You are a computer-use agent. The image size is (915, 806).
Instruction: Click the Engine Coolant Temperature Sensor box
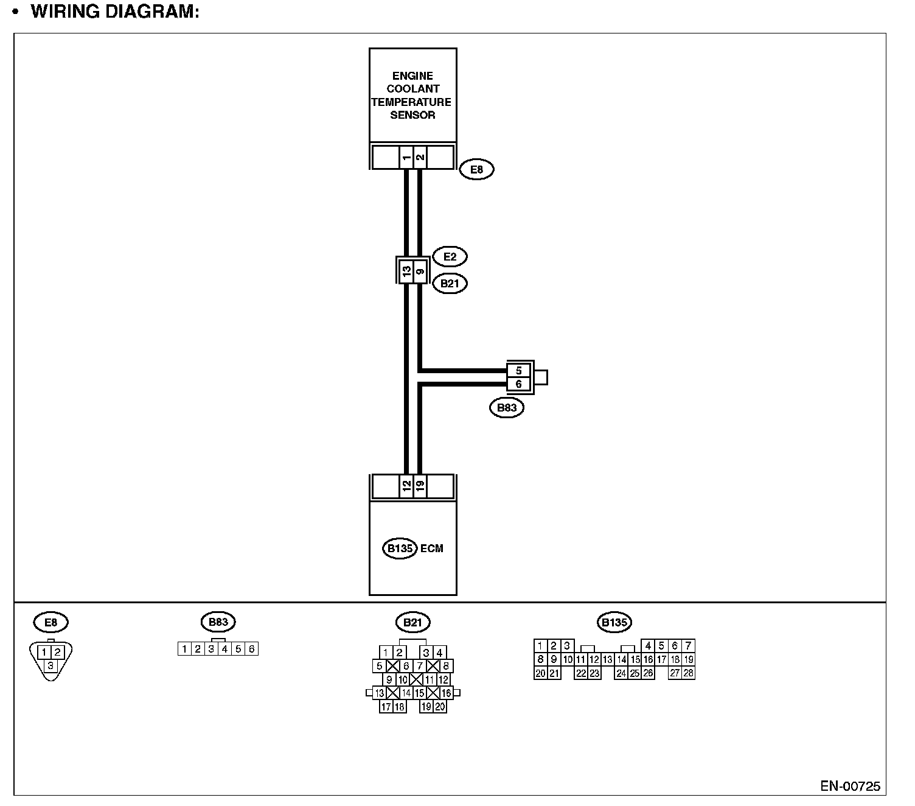(412, 96)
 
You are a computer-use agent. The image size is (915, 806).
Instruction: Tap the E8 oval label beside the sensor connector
(476, 169)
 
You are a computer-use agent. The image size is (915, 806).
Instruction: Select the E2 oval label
(450, 257)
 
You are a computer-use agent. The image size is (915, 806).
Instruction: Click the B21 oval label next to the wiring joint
(450, 284)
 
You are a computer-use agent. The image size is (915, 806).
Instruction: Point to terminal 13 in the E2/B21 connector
(406, 271)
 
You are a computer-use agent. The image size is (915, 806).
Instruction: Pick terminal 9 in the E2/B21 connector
(420, 271)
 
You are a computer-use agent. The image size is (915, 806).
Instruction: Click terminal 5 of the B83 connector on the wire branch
(518, 371)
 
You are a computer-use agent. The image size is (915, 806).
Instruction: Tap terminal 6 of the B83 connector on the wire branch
(518, 384)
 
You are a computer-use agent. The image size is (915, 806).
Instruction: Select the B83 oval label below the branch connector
(507, 408)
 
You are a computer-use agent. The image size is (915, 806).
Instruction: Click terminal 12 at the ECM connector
(406, 486)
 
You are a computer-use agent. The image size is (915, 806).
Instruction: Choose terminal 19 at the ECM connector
(420, 486)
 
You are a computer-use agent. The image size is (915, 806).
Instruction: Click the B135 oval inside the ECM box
(400, 548)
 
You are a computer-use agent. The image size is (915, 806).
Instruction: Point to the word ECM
(432, 548)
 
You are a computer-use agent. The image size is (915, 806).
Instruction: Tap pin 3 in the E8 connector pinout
(50, 665)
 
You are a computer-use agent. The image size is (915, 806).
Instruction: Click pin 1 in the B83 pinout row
(184, 649)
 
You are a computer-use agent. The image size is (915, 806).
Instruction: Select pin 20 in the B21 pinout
(439, 707)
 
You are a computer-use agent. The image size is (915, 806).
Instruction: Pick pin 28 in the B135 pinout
(688, 673)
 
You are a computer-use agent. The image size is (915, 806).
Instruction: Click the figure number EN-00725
(850, 786)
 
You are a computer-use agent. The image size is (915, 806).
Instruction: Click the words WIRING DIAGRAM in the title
(115, 12)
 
